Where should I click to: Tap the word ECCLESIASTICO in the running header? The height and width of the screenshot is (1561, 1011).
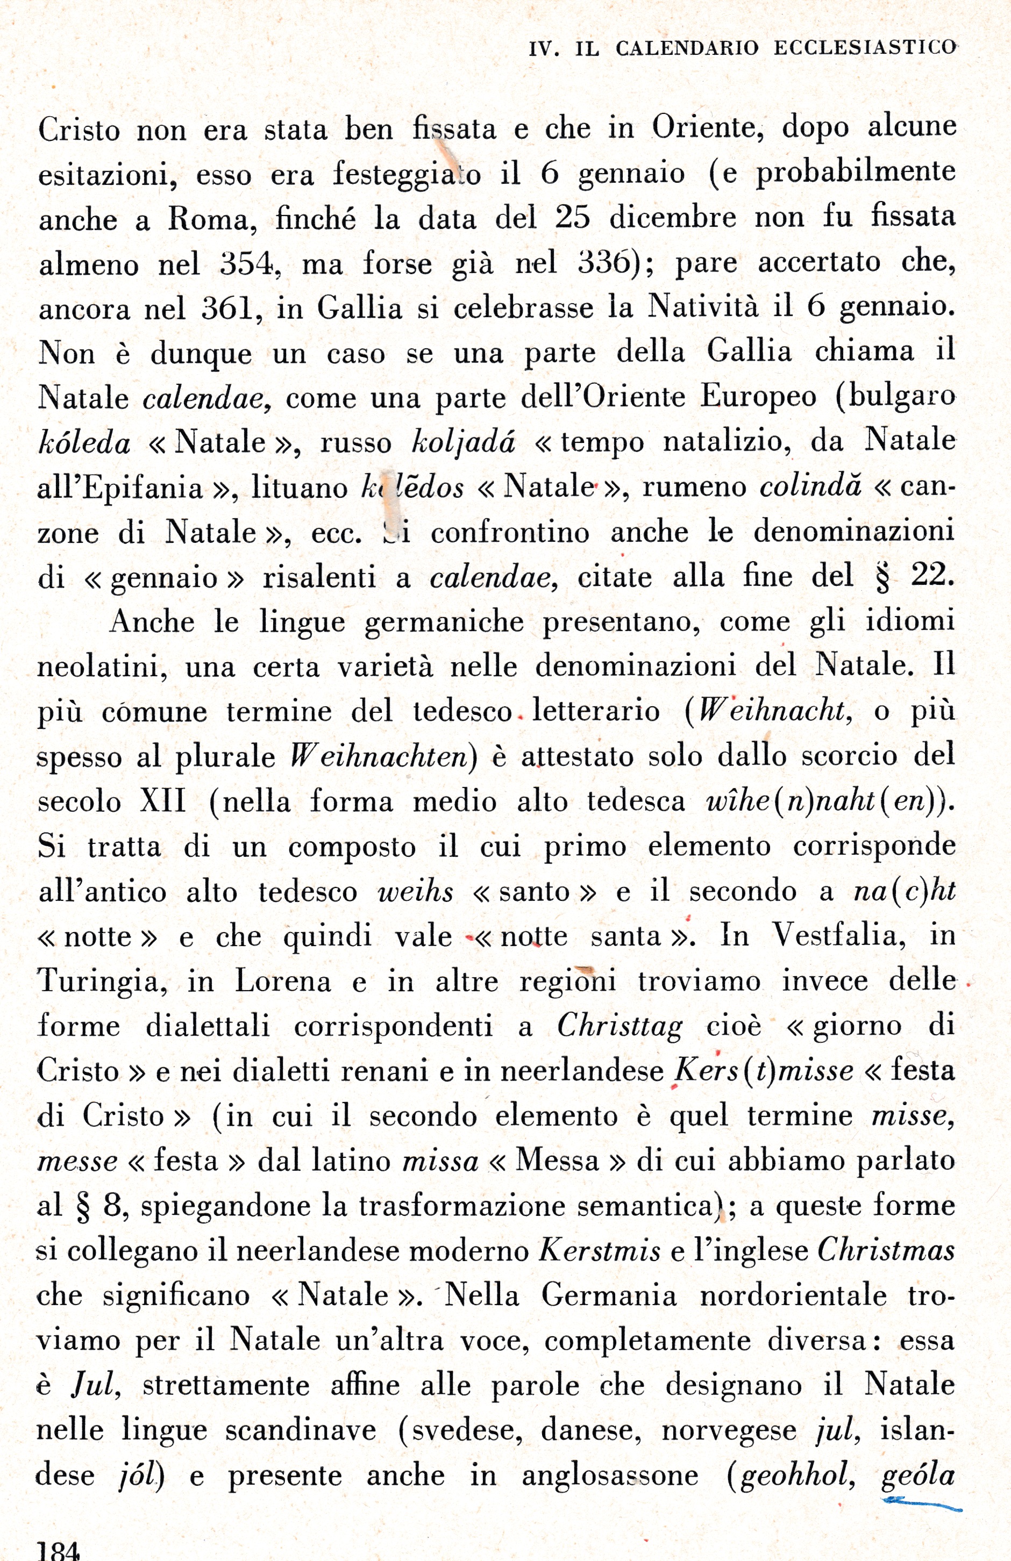pyautogui.click(x=865, y=48)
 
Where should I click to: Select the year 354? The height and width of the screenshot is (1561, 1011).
pyautogui.click(x=245, y=264)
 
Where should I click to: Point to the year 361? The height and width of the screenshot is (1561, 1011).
pyautogui.click(x=227, y=308)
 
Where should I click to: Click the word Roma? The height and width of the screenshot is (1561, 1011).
pyautogui.click(x=212, y=219)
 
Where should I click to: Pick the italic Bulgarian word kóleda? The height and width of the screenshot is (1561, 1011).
pyautogui.click(x=84, y=444)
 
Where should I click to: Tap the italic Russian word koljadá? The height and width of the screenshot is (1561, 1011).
pyautogui.click(x=463, y=443)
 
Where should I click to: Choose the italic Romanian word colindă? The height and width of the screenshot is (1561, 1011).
pyautogui.click(x=809, y=486)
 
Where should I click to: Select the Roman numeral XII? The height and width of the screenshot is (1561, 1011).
pyautogui.click(x=163, y=801)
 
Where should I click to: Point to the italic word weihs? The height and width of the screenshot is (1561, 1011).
pyautogui.click(x=415, y=891)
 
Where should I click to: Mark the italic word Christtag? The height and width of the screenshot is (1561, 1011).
pyautogui.click(x=620, y=1026)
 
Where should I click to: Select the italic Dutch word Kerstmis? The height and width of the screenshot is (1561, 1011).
pyautogui.click(x=600, y=1250)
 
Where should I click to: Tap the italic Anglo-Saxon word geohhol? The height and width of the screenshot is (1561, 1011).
pyautogui.click(x=796, y=1476)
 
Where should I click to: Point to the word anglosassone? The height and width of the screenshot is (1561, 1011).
pyautogui.click(x=609, y=1476)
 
